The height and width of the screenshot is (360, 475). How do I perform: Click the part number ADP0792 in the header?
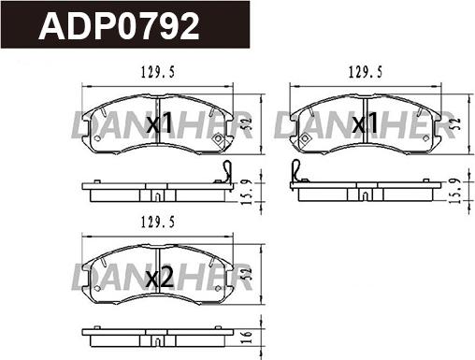pyautogui.click(x=119, y=26)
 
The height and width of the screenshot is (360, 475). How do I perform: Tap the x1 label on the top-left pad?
pyautogui.click(x=159, y=122)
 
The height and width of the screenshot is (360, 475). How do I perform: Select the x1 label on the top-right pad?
pyautogui.click(x=366, y=122)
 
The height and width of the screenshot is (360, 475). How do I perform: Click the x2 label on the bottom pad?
pyautogui.click(x=160, y=278)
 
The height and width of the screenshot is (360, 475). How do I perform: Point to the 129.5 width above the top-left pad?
pyautogui.click(x=158, y=73)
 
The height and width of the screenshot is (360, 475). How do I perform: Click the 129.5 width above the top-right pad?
pyautogui.click(x=366, y=73)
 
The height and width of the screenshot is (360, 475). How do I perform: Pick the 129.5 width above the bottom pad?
pyautogui.click(x=158, y=223)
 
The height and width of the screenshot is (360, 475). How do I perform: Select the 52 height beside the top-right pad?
pyautogui.click(x=454, y=124)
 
